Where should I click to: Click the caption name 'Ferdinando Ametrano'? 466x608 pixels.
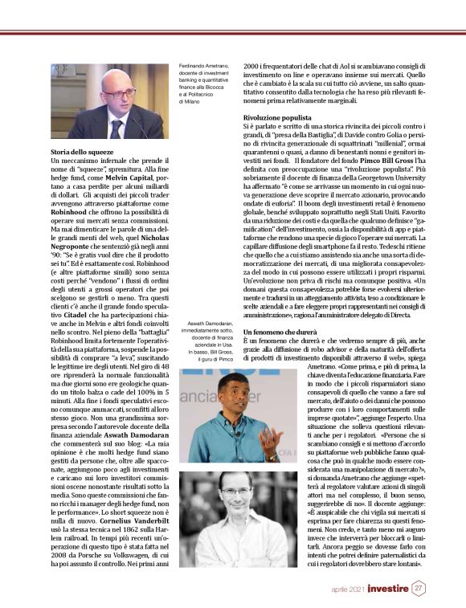point(203,64)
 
